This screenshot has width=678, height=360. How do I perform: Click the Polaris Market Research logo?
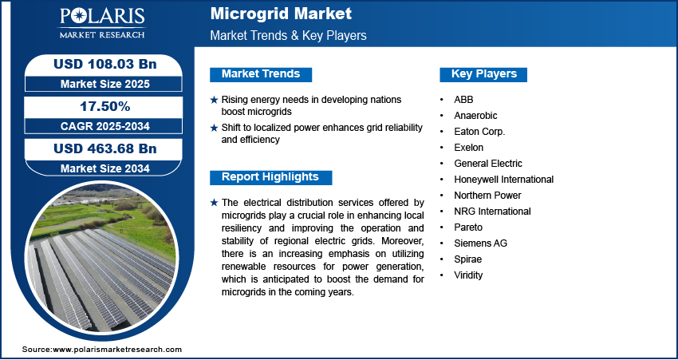(x=102, y=23)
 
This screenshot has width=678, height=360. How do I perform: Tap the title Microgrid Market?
(x=281, y=14)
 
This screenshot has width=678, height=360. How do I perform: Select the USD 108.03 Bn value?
(x=105, y=64)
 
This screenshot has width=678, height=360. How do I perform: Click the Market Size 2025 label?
(x=105, y=84)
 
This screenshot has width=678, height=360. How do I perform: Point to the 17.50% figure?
(x=105, y=106)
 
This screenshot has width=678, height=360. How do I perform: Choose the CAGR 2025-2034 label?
(x=105, y=126)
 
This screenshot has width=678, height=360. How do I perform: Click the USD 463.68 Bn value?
(x=105, y=148)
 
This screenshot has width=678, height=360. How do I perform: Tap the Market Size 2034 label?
(x=105, y=168)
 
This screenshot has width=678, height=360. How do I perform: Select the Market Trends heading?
(x=261, y=74)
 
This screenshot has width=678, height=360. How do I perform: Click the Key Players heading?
(x=484, y=74)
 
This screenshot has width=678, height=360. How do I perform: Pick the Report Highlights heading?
(x=270, y=177)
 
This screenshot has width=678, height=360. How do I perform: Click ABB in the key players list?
(x=463, y=100)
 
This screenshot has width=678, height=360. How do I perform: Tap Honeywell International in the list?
(x=504, y=179)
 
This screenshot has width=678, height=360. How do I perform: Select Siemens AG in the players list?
(x=480, y=243)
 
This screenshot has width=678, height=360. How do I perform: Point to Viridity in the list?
(x=468, y=275)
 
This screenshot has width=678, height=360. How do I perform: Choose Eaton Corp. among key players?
(x=479, y=132)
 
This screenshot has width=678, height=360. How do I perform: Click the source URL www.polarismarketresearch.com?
(x=117, y=349)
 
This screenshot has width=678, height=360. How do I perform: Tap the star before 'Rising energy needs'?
(x=214, y=100)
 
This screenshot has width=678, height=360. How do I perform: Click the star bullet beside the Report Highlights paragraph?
(x=214, y=203)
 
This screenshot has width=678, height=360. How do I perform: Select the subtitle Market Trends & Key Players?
(x=289, y=35)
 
